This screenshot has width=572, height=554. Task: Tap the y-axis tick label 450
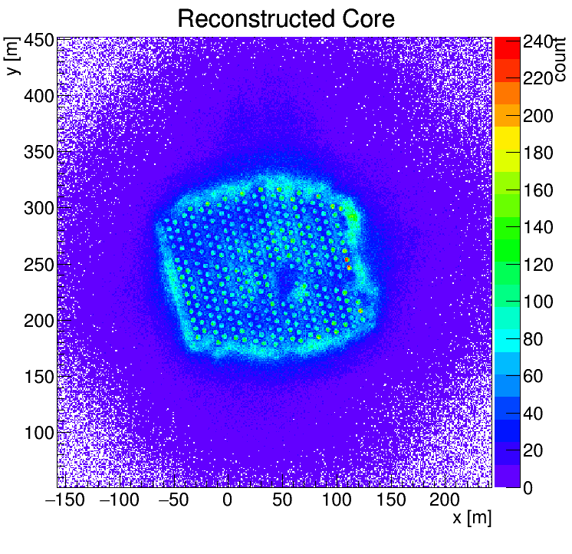pos(39,41)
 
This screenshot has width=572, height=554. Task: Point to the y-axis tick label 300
pos(39,209)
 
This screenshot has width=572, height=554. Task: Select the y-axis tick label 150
pos(39,377)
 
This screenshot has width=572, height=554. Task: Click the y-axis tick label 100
pos(39,433)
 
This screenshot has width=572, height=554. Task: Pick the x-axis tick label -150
pos(65,500)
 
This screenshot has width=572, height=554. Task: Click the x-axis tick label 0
pos(227,500)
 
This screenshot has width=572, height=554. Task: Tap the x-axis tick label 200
pos(444,500)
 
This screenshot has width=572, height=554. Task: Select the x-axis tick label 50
pos(282,500)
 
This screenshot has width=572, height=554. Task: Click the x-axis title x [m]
pos(472,518)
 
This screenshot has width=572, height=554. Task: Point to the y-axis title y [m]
pos(12,56)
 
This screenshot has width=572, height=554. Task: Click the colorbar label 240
pos(537,41)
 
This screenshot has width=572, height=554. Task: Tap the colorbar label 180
pos(537,153)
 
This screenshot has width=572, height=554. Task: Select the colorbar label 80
pos(533,339)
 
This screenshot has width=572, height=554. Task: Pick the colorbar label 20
pos(533,450)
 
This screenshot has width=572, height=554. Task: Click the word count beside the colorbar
pos(560,59)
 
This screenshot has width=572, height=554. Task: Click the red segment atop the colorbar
pos(507,48)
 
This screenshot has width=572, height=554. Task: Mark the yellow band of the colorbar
pos(507,137)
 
